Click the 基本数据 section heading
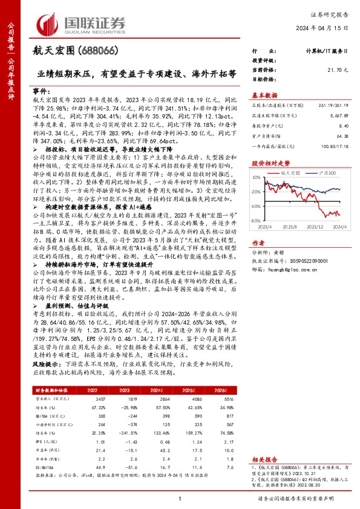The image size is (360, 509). click(264, 94)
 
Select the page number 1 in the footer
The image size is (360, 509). click(180, 497)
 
